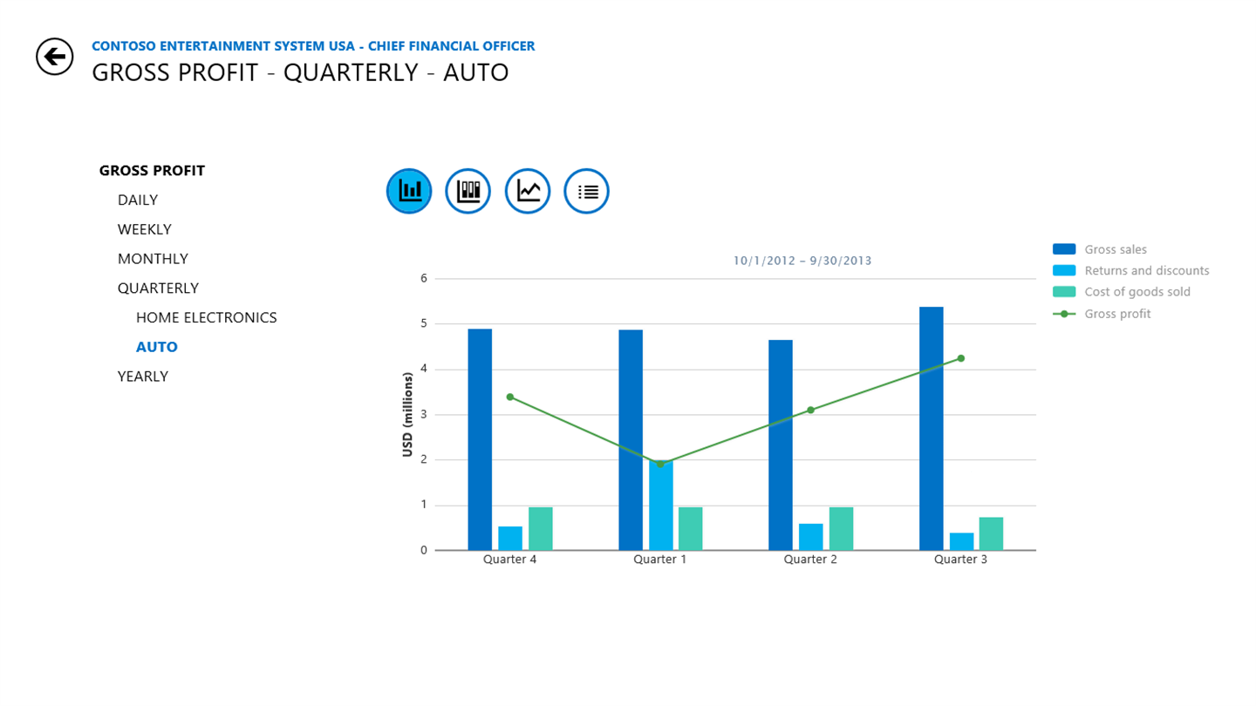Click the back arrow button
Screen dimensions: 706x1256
[x=54, y=57]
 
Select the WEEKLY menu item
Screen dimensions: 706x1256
[x=145, y=229]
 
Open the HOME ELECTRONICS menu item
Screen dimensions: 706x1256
[x=206, y=317]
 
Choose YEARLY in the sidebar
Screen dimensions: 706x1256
[x=143, y=377]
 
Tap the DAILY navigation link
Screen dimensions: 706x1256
[x=138, y=200]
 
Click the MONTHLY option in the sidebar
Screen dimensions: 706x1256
[x=153, y=259]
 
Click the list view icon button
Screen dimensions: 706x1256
[x=586, y=191]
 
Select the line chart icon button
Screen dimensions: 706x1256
[x=528, y=191]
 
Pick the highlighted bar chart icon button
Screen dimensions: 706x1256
[x=409, y=191]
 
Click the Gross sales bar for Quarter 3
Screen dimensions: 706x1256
[x=931, y=428]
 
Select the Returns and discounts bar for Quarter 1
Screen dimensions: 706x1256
[x=660, y=506]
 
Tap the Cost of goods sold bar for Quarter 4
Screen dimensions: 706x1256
[x=541, y=528]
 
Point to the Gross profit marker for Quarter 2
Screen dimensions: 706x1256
[x=810, y=410]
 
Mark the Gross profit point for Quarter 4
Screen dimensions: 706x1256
[x=510, y=397]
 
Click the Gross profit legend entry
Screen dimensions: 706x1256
[x=1117, y=314]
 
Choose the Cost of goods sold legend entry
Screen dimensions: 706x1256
[x=1137, y=292]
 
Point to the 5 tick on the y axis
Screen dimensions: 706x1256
[x=424, y=323]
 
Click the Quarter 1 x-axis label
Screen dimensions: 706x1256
[x=660, y=560]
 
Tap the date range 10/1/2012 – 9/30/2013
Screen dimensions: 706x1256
[x=802, y=261]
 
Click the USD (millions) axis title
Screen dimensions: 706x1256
[x=407, y=414]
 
